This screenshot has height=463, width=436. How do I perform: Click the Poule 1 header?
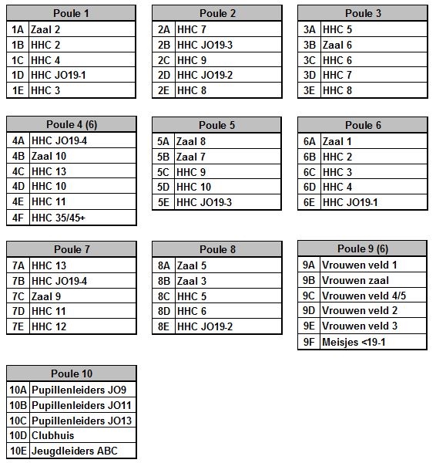coord(71,13)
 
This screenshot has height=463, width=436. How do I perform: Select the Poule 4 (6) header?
coord(71,125)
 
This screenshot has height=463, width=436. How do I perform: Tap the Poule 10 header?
coord(71,373)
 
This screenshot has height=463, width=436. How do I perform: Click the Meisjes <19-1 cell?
coord(373,341)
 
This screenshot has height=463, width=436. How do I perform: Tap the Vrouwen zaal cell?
coord(373,279)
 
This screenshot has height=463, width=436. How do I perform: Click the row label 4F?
coord(18,218)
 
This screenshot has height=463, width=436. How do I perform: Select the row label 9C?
coord(308,295)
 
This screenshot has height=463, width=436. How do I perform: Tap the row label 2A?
coord(163,29)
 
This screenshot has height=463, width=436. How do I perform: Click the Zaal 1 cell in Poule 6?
coord(373,141)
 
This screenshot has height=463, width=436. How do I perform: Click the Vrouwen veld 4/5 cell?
coord(373,295)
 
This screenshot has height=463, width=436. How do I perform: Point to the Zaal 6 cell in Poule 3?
coord(373,44)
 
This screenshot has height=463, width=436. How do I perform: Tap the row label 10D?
coord(18,435)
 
